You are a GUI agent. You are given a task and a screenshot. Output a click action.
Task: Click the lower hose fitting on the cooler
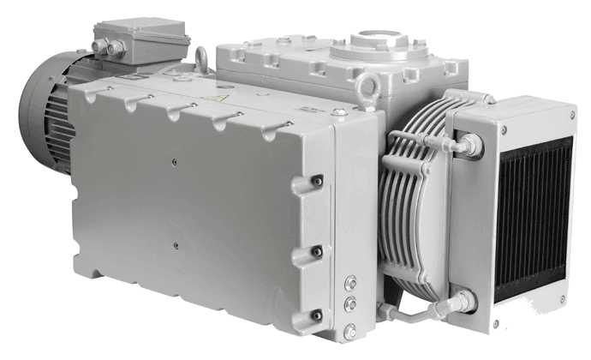(463, 302)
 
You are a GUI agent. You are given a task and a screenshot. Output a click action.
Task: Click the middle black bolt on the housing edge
(316, 251)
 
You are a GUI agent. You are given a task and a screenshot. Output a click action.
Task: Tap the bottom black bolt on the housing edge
(316, 315)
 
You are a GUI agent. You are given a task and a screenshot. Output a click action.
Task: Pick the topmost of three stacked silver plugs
(349, 282)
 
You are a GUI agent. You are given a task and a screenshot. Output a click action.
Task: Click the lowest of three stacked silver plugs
(349, 329)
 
